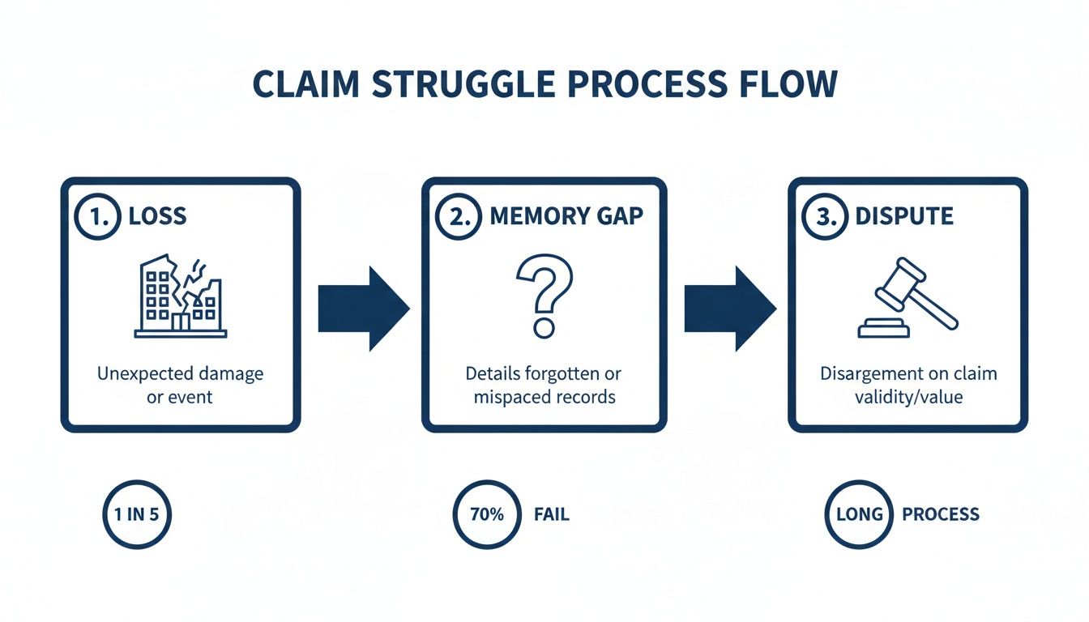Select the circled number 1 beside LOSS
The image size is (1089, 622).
[97, 217]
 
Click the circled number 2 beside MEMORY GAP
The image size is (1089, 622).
[459, 217]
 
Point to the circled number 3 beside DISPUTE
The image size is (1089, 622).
[824, 217]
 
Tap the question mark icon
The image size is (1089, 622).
[544, 296]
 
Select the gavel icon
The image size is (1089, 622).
[908, 297]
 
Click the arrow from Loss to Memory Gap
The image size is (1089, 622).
[362, 308]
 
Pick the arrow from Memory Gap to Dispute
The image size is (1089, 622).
[728, 308]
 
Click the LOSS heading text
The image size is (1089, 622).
[157, 217]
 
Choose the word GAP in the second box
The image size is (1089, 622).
[619, 217]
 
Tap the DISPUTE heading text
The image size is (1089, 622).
[904, 217]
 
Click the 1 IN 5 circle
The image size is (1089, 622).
[138, 514]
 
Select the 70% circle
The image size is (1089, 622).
[486, 514]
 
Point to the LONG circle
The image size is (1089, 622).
[858, 514]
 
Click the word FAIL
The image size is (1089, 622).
[552, 514]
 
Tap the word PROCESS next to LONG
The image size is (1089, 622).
[940, 514]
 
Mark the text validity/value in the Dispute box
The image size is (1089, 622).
[908, 398]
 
